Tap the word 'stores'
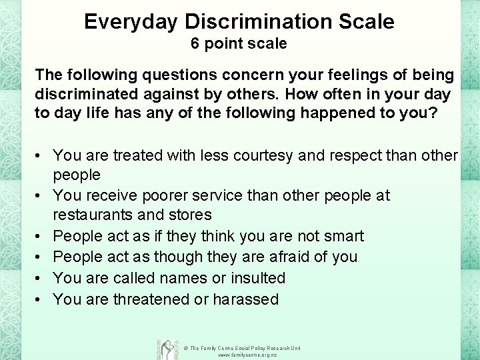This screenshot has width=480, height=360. click(189, 215)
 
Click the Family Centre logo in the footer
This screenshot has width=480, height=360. click(166, 349)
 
